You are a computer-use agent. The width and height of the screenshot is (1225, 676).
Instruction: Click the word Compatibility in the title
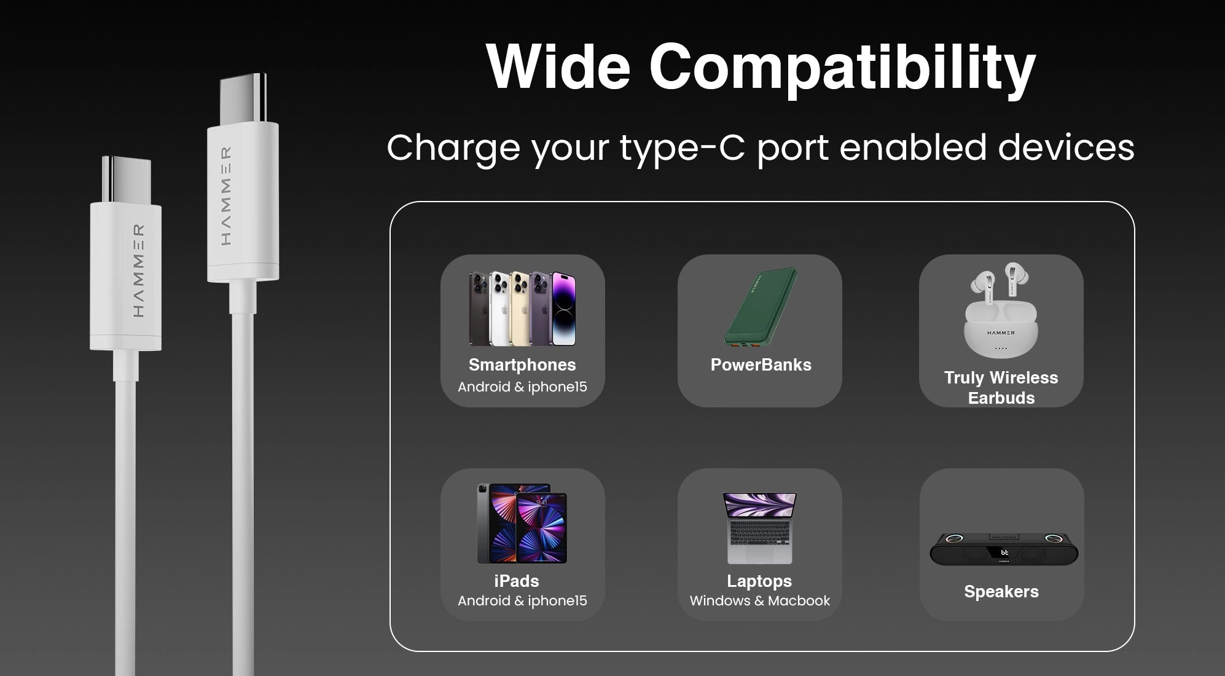842,69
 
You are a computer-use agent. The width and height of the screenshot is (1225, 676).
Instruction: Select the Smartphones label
522,365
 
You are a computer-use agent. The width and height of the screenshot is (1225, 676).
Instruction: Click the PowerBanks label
761,365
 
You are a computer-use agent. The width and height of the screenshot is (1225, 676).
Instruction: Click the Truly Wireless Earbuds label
1001,388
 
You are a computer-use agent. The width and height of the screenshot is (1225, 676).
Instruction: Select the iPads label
516,581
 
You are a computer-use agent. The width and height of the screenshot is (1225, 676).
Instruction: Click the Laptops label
759,581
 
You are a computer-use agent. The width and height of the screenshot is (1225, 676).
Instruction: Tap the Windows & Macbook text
759,601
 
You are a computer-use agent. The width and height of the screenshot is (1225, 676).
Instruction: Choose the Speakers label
1001,592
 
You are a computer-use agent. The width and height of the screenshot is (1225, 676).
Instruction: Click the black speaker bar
1004,549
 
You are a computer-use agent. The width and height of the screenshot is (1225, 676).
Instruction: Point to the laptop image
760,529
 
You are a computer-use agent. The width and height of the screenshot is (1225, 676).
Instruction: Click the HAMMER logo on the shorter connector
139,271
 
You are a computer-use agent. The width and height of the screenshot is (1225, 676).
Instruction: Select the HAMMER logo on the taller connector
225,196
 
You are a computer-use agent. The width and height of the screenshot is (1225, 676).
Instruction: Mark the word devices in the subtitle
1066,147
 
